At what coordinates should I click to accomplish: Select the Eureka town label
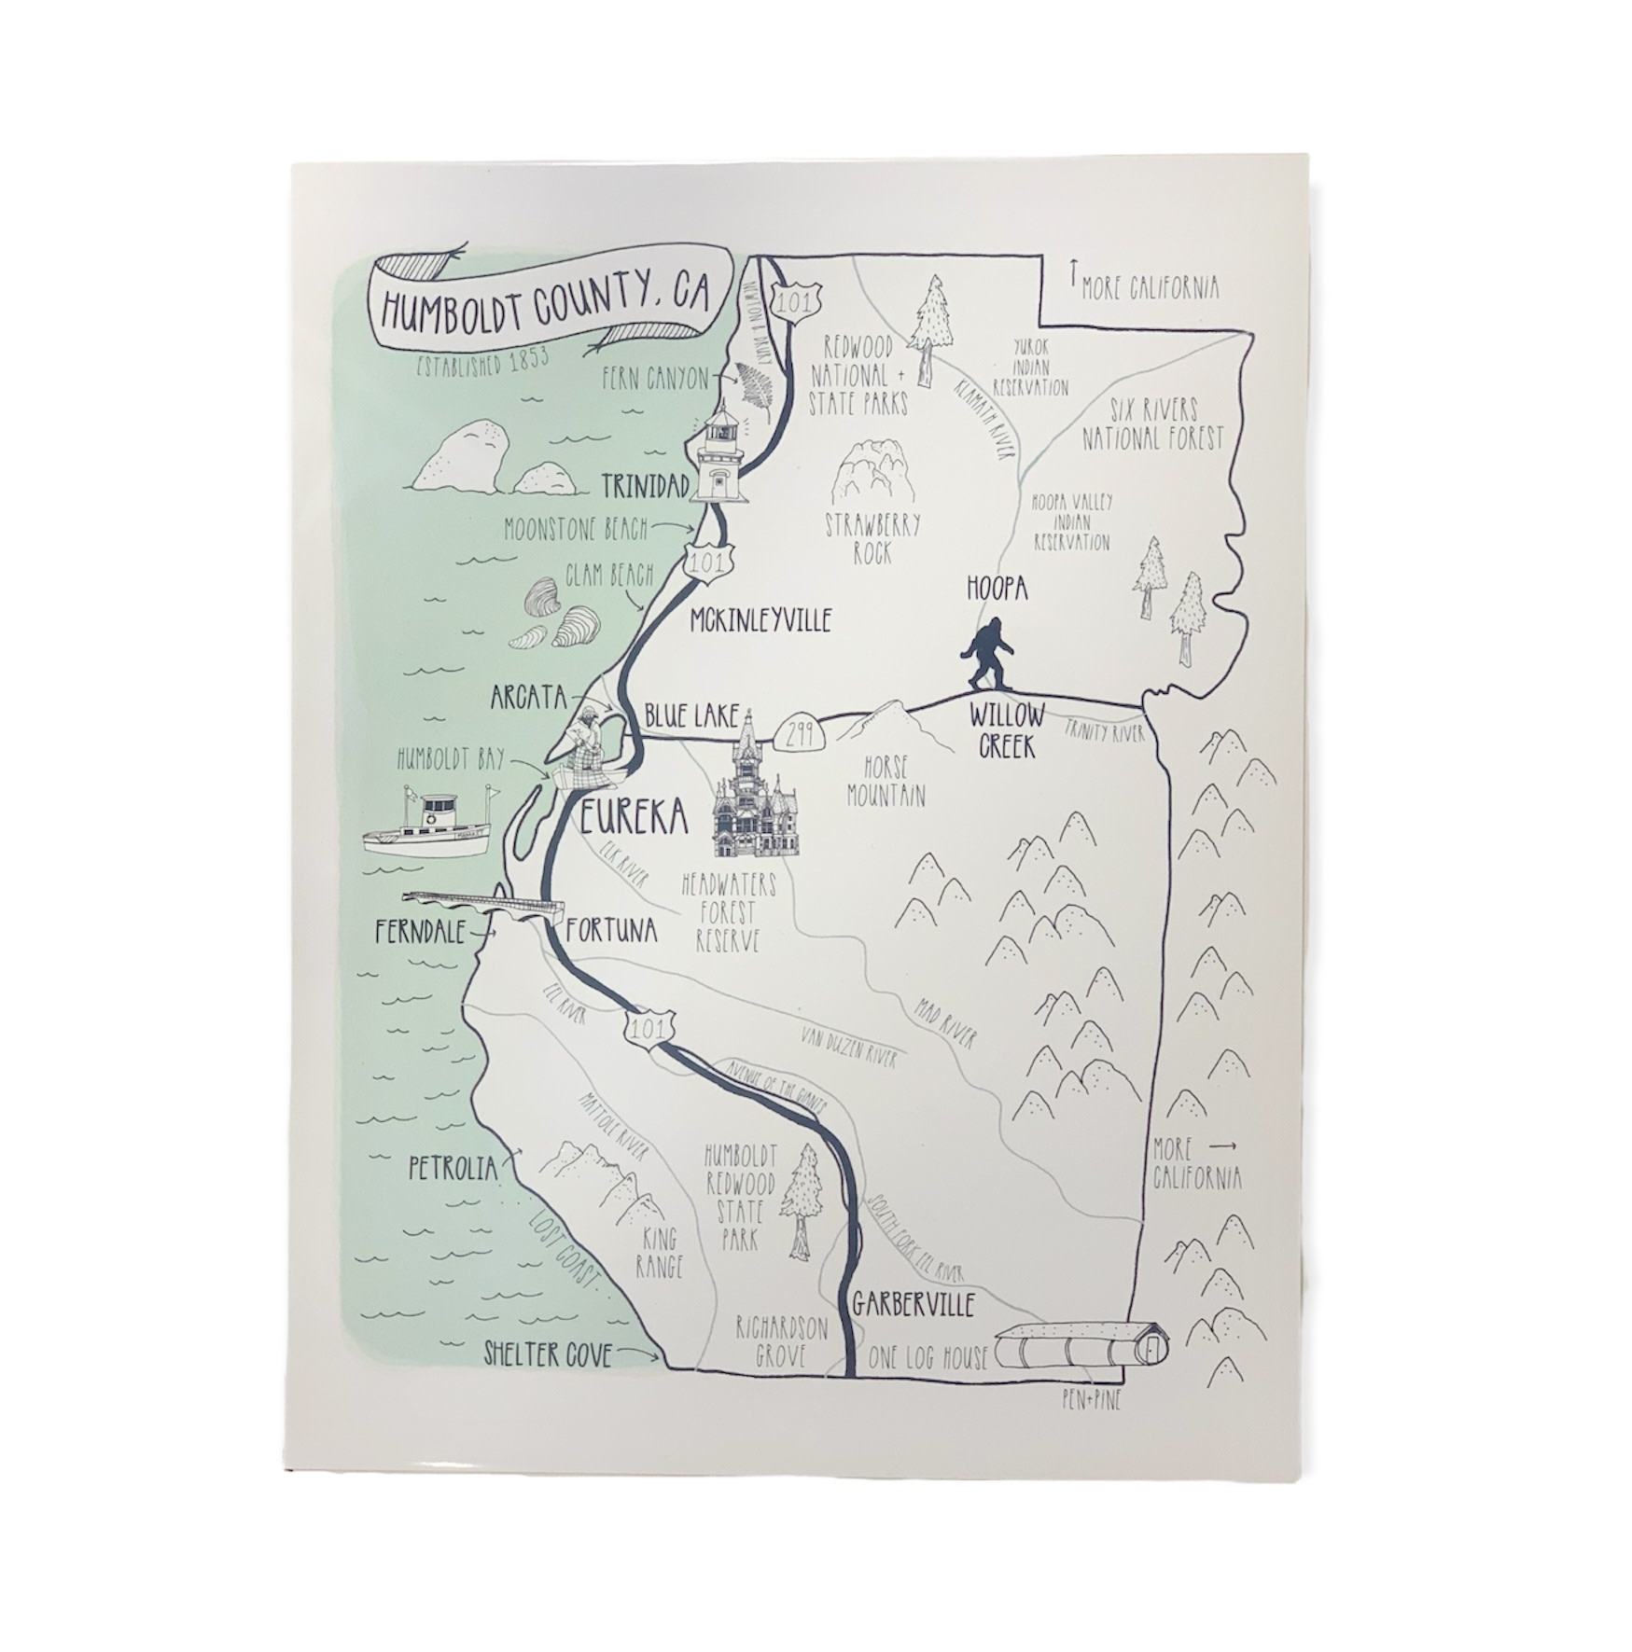click(634, 818)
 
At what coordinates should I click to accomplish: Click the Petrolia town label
click(453, 1168)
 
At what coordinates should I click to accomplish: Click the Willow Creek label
click(1006, 730)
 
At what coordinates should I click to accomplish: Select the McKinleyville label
click(760, 619)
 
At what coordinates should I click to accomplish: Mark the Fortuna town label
click(611, 930)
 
